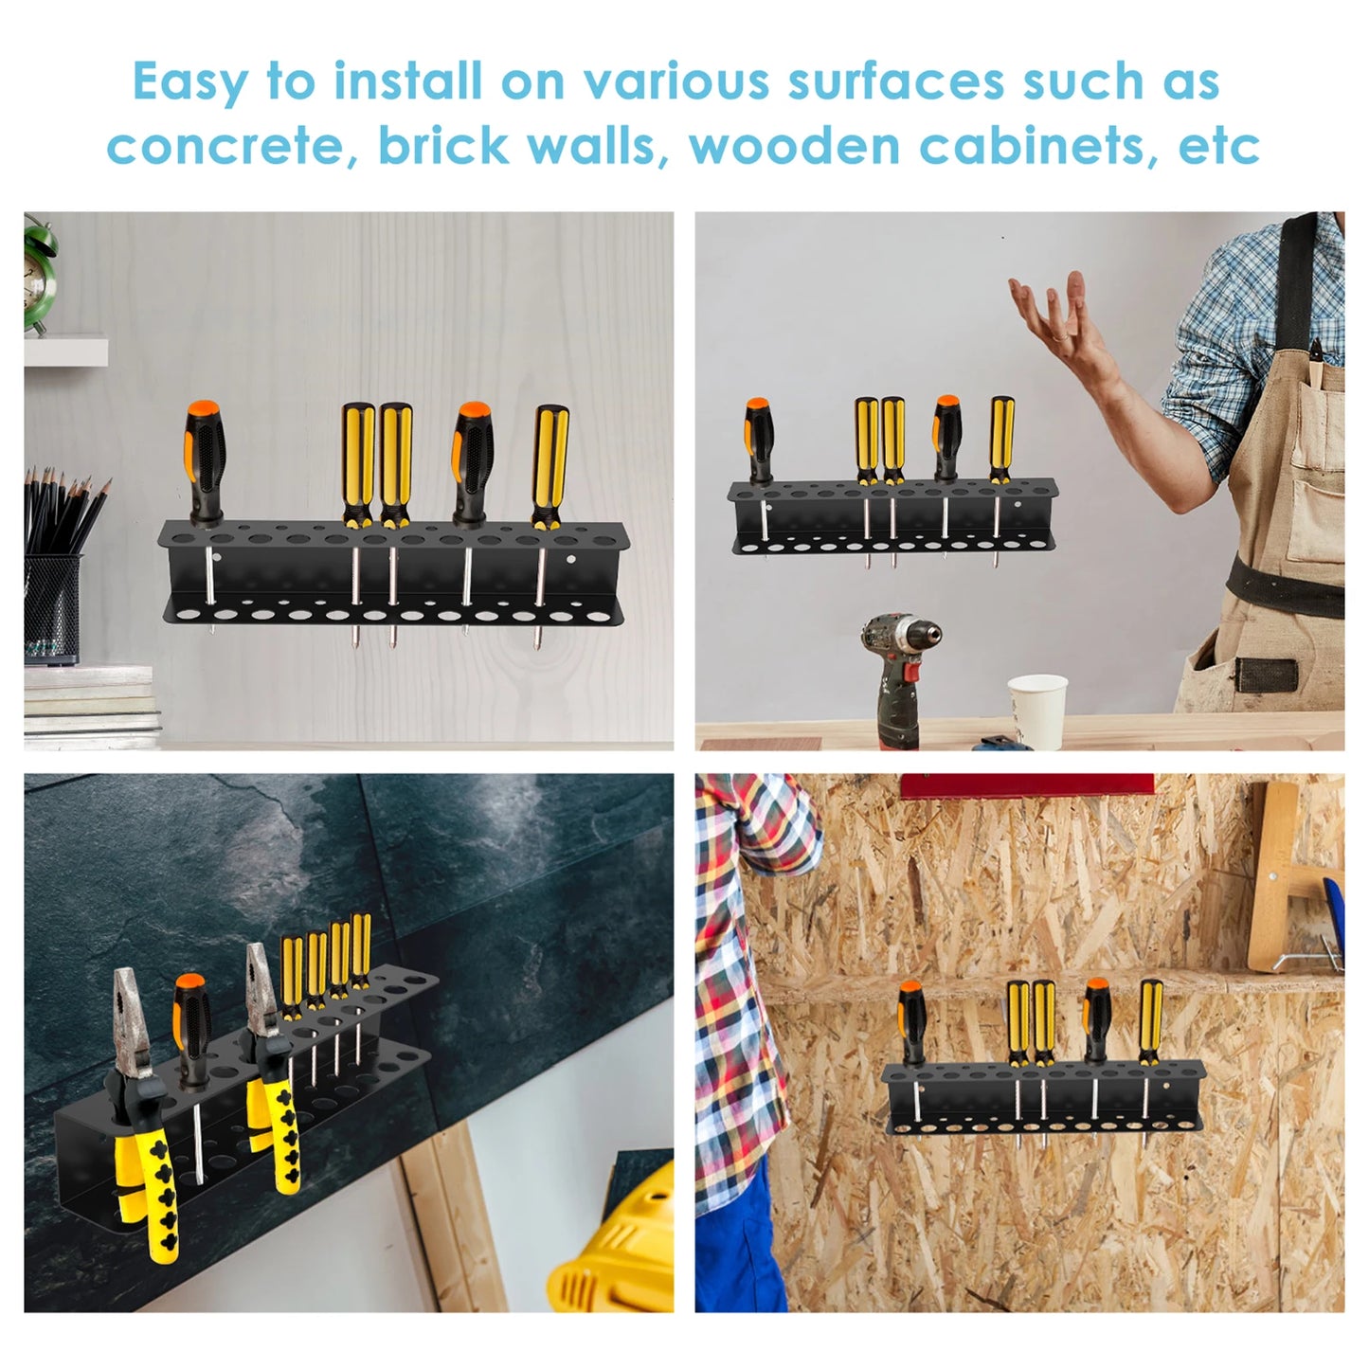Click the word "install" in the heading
pyautogui.click(x=408, y=81)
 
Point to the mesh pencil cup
pyautogui.click(x=53, y=606)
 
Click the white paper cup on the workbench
pyautogui.click(x=1037, y=711)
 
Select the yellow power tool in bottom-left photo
pyautogui.click(x=621, y=1251)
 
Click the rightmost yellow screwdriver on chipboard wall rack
pyautogui.click(x=1150, y=1023)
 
